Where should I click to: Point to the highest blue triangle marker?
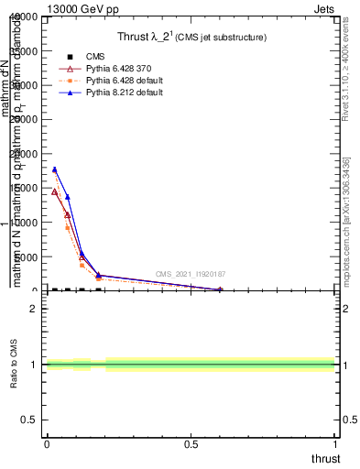(55, 169)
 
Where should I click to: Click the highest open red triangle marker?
(55, 191)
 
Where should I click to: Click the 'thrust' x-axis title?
(324, 459)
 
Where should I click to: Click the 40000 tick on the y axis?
(22, 17)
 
